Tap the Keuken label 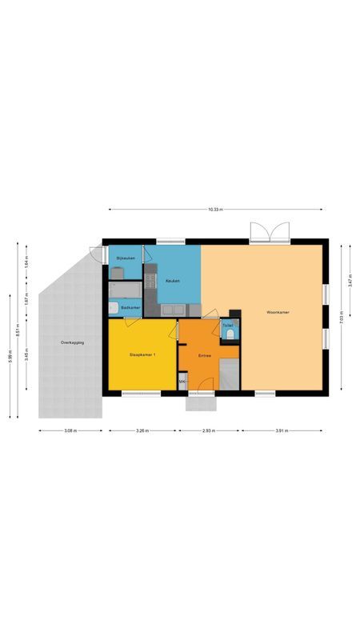pyautogui.click(x=172, y=281)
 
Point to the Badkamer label pyautogui.click(x=130, y=307)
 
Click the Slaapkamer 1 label pyautogui.click(x=142, y=354)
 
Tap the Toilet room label pyautogui.click(x=228, y=325)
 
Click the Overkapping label pyautogui.click(x=72, y=342)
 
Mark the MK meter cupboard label pyautogui.click(x=182, y=382)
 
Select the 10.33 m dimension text pyautogui.click(x=214, y=210)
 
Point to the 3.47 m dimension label pyautogui.click(x=350, y=281)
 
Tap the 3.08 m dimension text pyautogui.click(x=70, y=430)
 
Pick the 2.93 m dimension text pyautogui.click(x=209, y=430)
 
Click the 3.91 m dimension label pyautogui.click(x=282, y=430)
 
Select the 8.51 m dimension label pyautogui.click(x=20, y=327)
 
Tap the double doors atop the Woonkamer pyautogui.click(x=269, y=232)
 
